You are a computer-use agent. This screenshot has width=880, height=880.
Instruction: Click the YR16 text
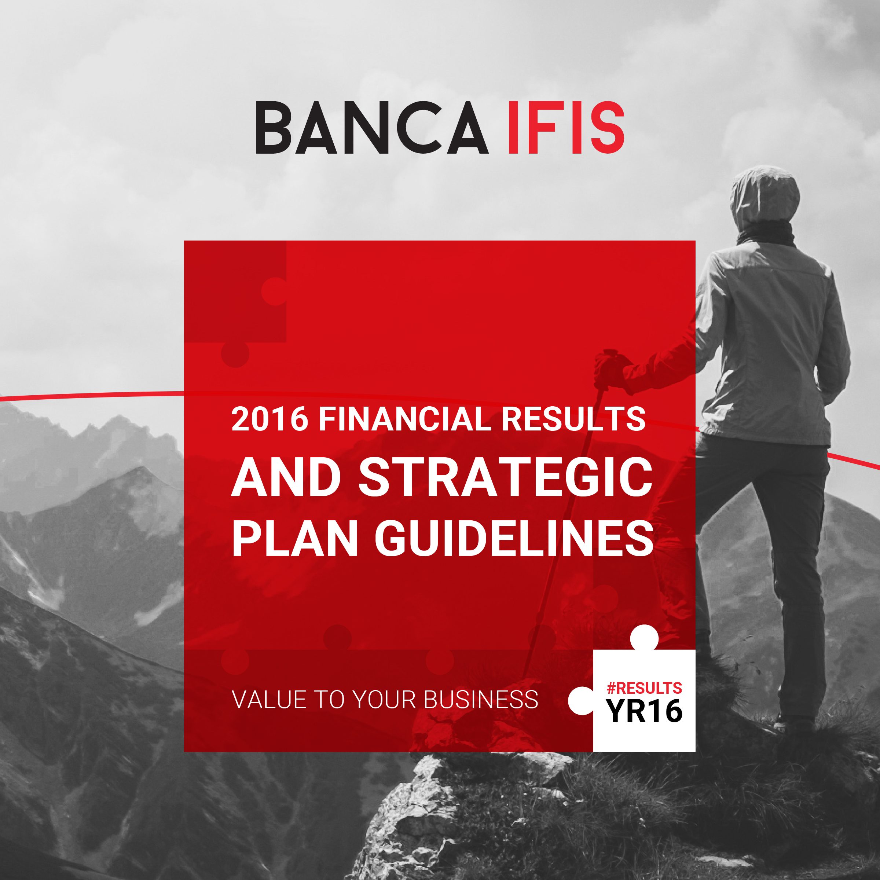[x=645, y=711]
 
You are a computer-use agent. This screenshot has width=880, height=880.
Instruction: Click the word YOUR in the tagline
[x=385, y=699]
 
